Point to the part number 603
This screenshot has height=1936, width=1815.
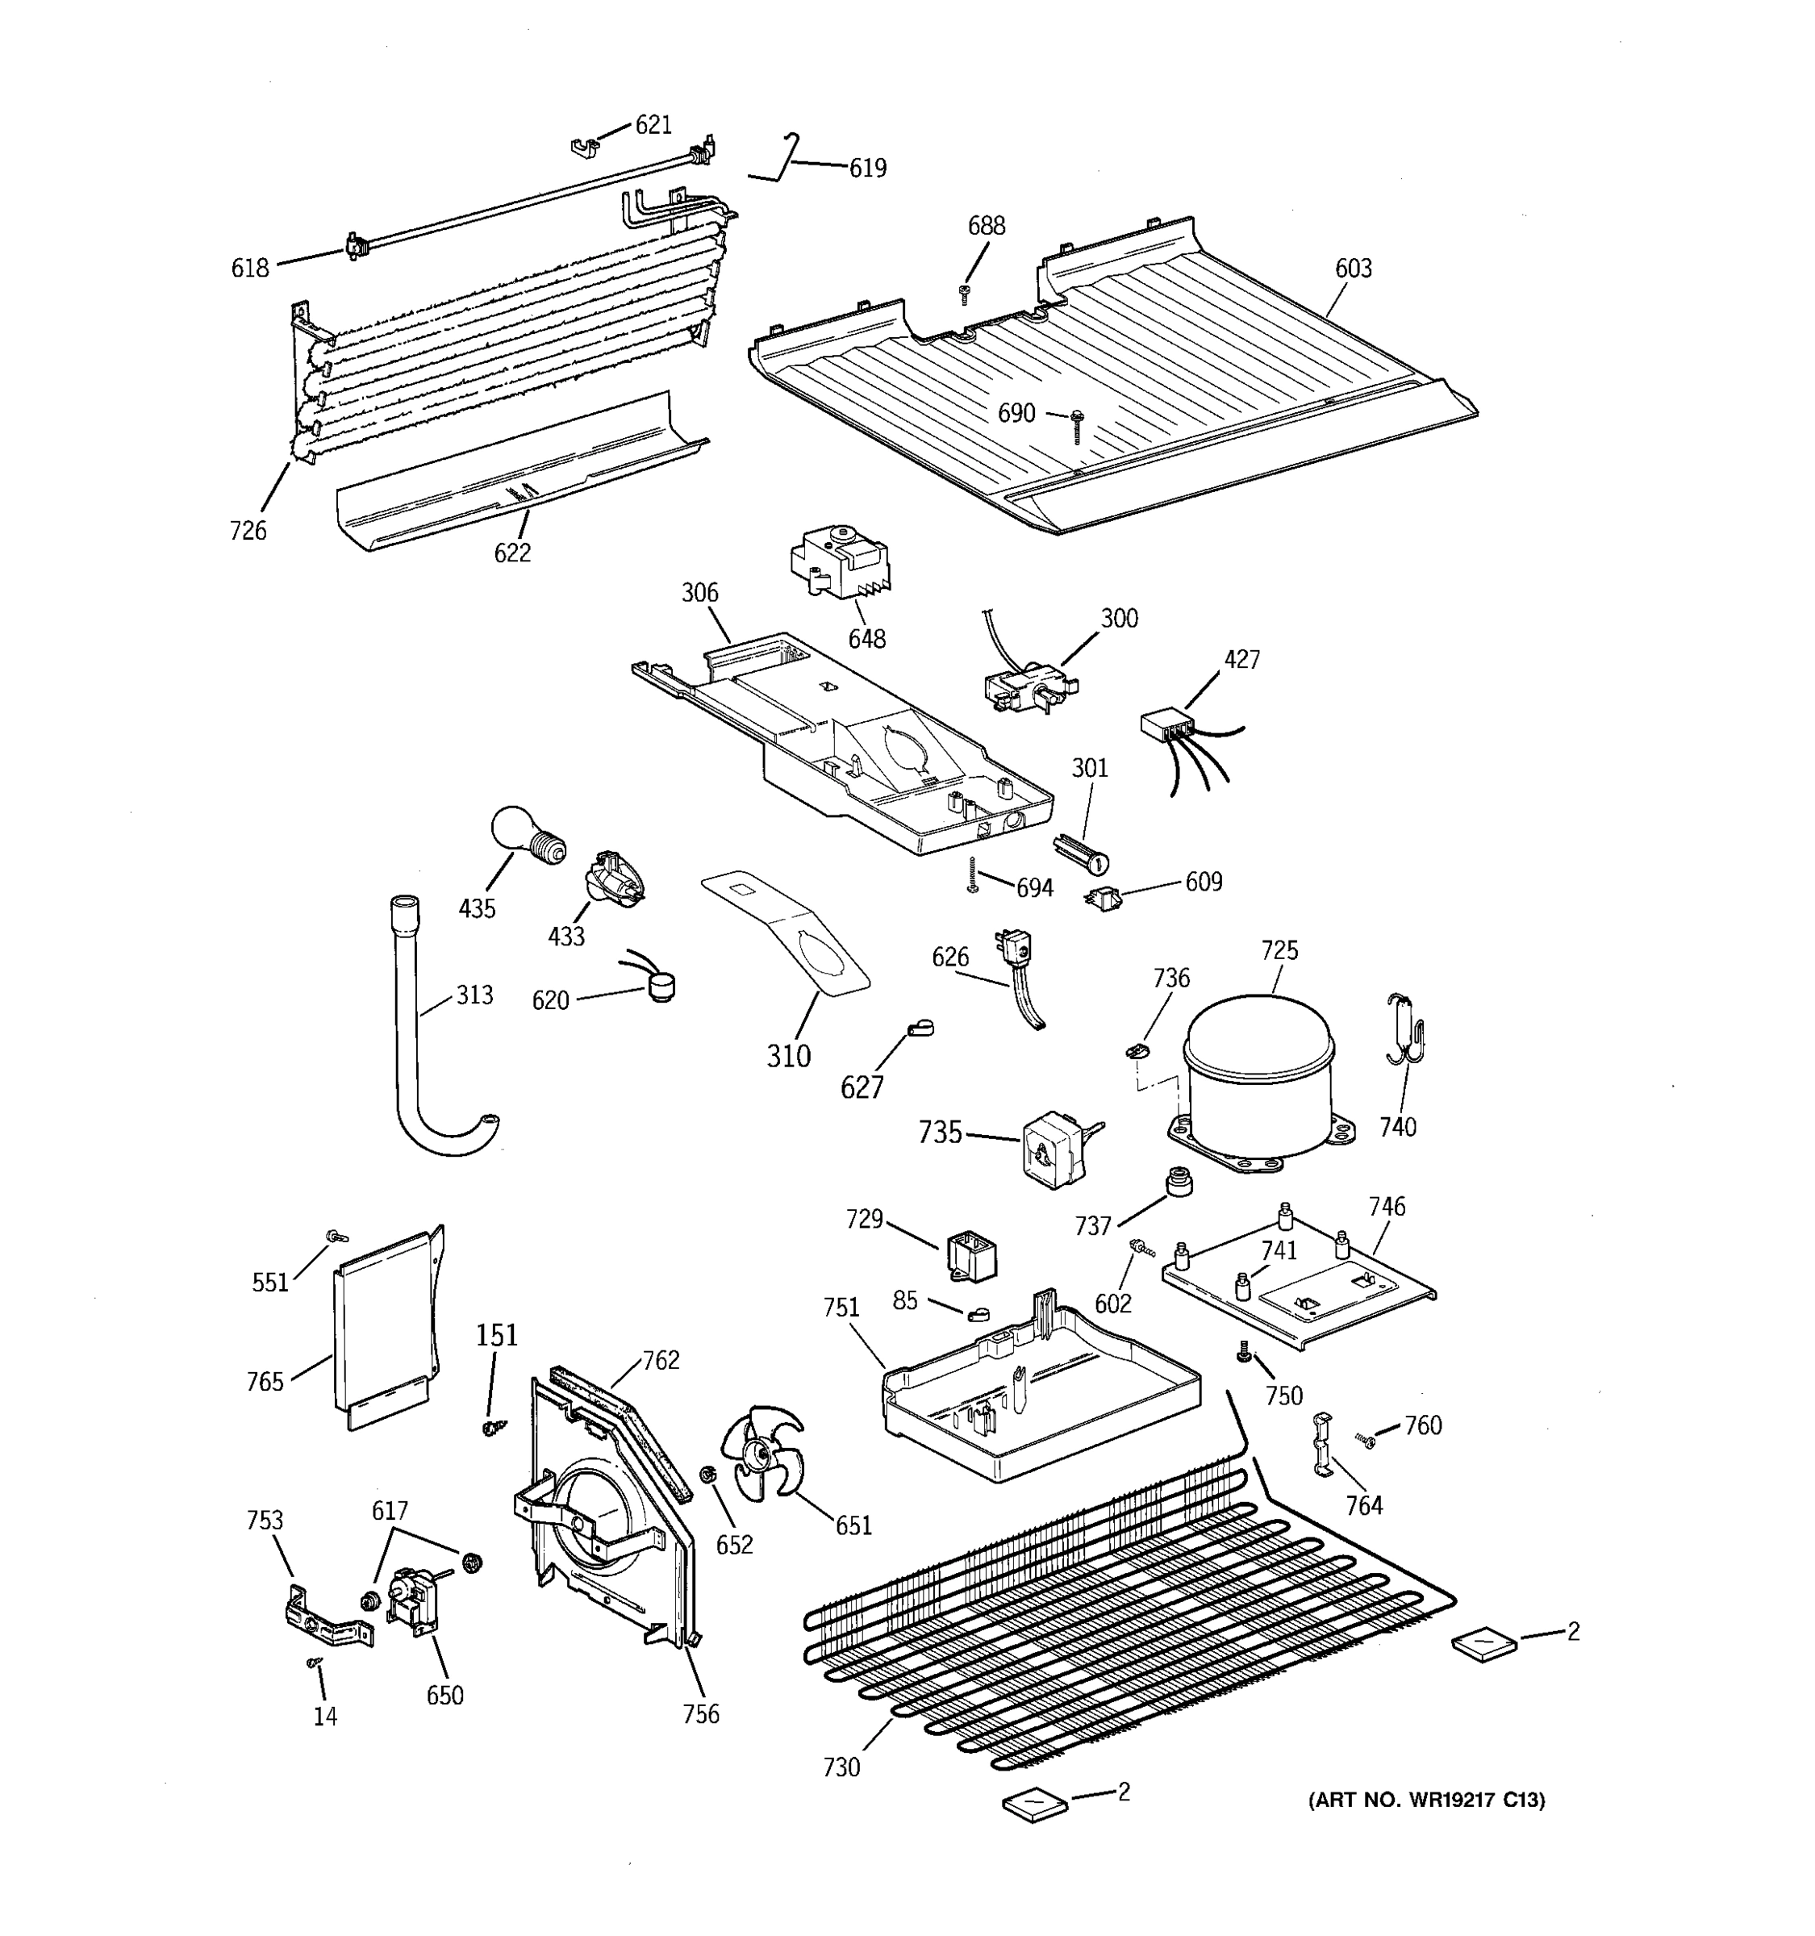1353,269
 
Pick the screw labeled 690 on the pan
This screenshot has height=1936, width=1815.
1076,427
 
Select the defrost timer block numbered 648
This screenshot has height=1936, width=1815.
840,565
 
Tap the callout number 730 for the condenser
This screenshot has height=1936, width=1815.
841,1767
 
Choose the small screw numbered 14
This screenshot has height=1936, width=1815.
314,1663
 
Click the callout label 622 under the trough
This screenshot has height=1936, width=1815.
512,553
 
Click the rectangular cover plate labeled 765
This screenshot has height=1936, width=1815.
382,1326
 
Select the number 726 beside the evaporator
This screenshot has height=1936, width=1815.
248,531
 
